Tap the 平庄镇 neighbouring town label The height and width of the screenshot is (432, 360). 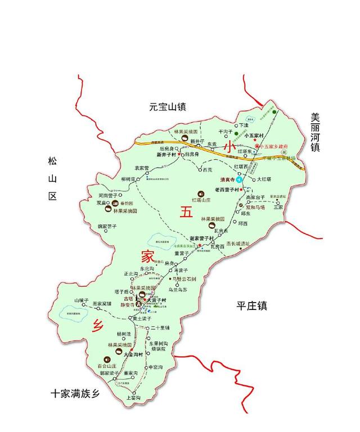coord(251,306)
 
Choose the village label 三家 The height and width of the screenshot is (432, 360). coord(278,207)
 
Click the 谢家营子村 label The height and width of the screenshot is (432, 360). coord(202,237)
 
